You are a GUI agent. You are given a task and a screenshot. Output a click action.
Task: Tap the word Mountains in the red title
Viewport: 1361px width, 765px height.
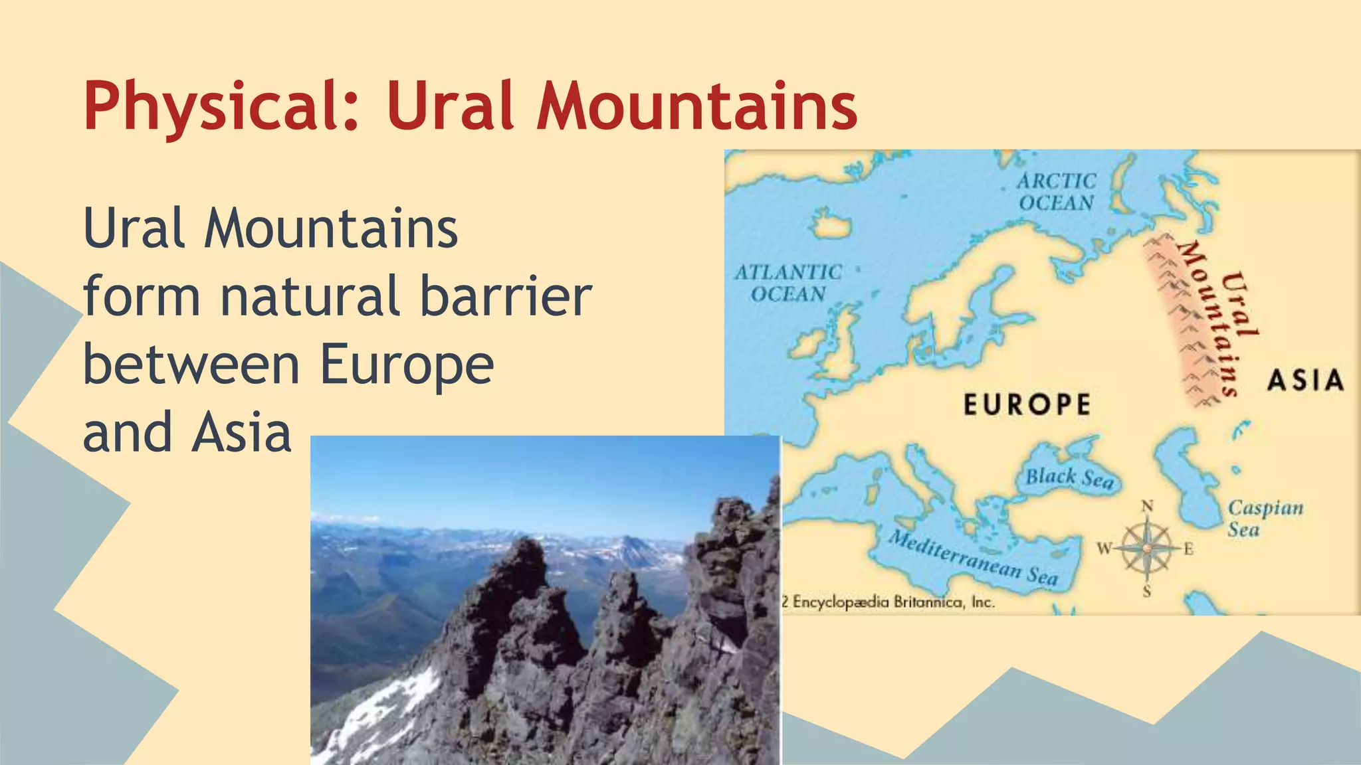[x=697, y=106]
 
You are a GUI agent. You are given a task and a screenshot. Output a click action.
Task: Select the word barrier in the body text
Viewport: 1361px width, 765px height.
[x=506, y=296]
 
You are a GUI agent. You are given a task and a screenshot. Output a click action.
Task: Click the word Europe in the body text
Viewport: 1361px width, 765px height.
[x=407, y=365]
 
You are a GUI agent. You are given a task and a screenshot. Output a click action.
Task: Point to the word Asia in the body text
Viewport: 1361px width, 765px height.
[x=242, y=433]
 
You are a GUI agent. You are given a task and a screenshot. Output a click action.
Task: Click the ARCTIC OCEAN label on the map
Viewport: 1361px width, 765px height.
[x=1056, y=192]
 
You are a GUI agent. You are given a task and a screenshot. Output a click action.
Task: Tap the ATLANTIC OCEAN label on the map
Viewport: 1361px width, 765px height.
[x=788, y=283]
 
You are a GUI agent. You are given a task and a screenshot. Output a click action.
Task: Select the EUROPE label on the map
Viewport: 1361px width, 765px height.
[x=1027, y=404]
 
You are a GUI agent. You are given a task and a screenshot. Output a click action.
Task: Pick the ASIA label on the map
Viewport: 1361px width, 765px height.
[x=1305, y=381]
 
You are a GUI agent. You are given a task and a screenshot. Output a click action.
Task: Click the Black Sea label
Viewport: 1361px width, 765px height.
[x=1069, y=477]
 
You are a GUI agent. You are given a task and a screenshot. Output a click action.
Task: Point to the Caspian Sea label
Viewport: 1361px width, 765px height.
[x=1265, y=518]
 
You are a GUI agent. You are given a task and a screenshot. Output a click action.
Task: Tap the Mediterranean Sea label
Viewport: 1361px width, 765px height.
[x=974, y=558]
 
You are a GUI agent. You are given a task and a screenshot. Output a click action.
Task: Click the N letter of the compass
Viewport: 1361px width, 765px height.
[x=1147, y=507]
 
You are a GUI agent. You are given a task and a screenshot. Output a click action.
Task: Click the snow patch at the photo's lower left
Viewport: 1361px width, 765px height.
[x=379, y=711]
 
